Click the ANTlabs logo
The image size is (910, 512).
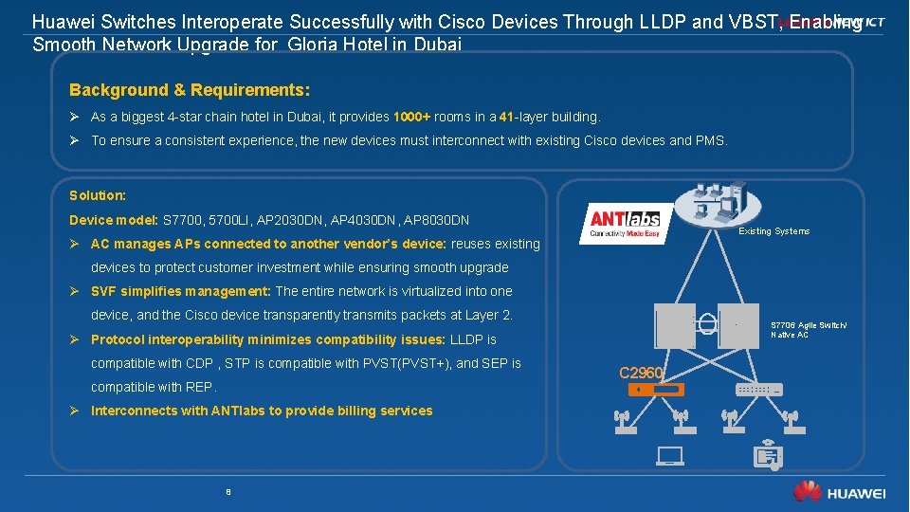[x=626, y=223]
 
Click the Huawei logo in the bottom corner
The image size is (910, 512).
[x=840, y=492]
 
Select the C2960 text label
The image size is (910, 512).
[x=641, y=372]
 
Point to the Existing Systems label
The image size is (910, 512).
[x=774, y=231]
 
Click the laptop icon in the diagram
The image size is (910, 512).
[x=669, y=456]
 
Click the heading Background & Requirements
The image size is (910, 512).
[x=190, y=90]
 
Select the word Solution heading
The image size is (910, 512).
[x=98, y=195]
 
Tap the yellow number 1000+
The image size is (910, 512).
[x=412, y=117]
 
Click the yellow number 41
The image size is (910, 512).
[x=506, y=117]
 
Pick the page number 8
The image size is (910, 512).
[x=228, y=492]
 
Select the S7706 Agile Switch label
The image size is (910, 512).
[x=809, y=325]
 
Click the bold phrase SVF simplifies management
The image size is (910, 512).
[x=181, y=291]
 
